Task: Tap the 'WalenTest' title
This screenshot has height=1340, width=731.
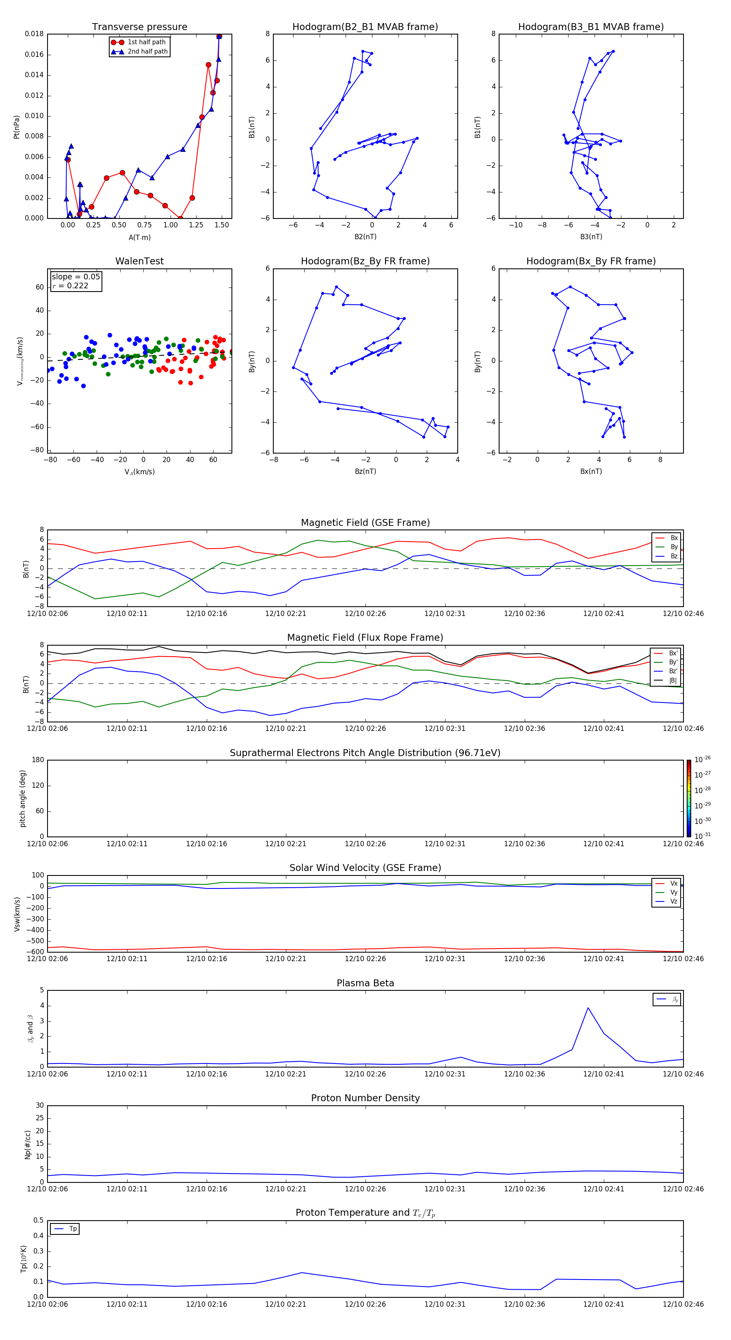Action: click(139, 261)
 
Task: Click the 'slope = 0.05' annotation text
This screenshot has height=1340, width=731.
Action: click(76, 277)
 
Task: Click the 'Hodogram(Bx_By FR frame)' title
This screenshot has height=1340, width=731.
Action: click(590, 261)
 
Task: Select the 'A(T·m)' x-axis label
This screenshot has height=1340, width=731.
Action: click(139, 237)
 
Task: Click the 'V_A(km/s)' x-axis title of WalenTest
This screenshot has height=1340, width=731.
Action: click(139, 472)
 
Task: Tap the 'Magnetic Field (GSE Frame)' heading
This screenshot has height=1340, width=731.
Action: click(365, 523)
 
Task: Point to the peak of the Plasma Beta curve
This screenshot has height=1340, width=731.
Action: click(588, 1007)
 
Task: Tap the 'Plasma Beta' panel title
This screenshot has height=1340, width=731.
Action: click(365, 983)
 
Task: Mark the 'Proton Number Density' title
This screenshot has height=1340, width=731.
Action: click(365, 1098)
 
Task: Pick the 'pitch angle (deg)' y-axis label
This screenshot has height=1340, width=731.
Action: click(23, 798)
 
